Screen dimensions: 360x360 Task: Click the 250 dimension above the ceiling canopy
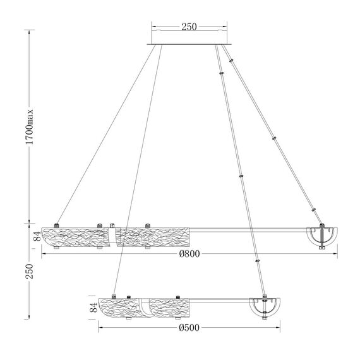[189, 27]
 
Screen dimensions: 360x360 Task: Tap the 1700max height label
[30, 127]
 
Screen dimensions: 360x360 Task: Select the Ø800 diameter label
[189, 254]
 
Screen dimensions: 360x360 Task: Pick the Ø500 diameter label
[189, 328]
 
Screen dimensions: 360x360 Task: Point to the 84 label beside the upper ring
[37, 236]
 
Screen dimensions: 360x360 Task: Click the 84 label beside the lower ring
[93, 308]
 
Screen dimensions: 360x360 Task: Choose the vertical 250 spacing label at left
[30, 271]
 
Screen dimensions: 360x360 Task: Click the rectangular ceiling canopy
[189, 37]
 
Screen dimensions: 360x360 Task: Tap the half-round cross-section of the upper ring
[322, 237]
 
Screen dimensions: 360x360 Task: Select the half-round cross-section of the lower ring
[265, 308]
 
